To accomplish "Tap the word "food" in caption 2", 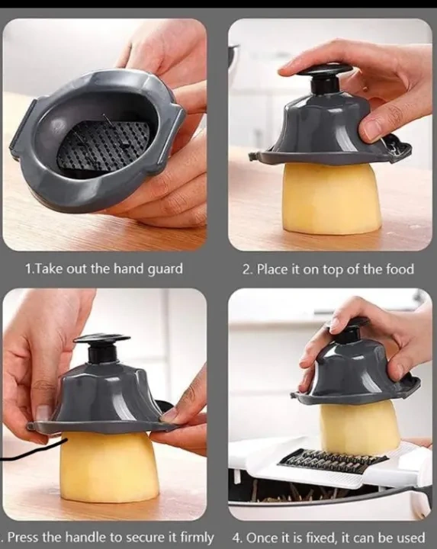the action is point(400,269).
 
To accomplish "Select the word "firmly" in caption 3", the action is point(197,537).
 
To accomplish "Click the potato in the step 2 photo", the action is point(331,198).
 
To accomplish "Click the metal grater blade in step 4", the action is point(333,461).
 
